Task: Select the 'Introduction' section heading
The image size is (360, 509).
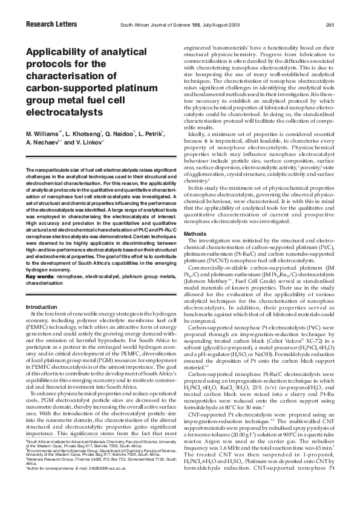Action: [x=41, y=306]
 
